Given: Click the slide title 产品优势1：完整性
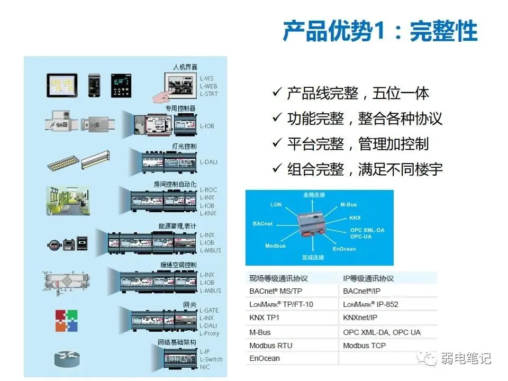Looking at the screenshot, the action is point(379,31).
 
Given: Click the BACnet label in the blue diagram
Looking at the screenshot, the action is point(262,224).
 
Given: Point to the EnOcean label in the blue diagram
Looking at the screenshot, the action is point(344,249).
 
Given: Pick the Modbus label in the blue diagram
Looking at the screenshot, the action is point(275,246).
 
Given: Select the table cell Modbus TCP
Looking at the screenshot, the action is point(364,346).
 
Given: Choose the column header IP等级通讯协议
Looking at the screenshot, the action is point(368,278).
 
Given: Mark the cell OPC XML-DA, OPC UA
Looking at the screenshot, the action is point(382,332).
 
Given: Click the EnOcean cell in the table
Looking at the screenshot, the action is point(265,358).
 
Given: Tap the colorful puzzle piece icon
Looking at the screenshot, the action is point(67,321).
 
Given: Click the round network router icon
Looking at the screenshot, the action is point(66,359).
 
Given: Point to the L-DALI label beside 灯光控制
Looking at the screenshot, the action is point(208,162).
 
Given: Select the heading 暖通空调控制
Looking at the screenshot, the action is point(178,264).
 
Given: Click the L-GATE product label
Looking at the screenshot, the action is point(210,310).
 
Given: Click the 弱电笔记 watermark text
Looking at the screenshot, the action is point(466,358).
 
